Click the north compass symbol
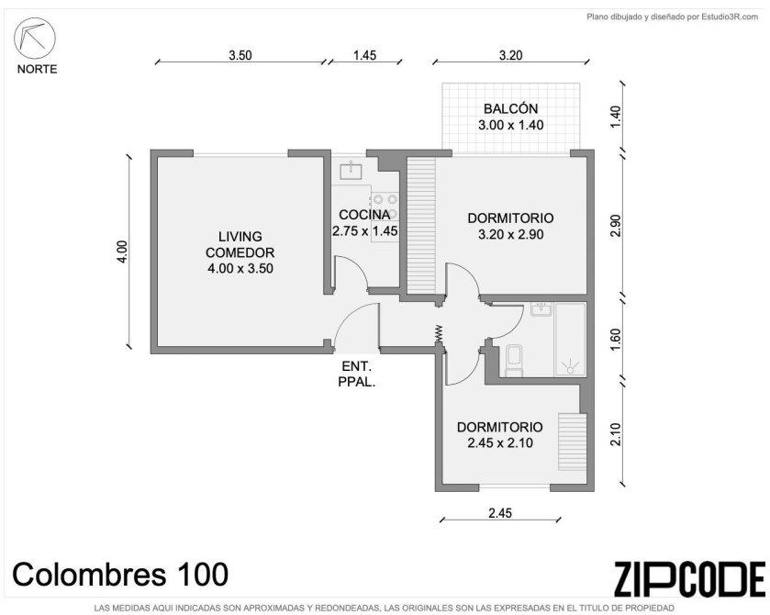(34, 39)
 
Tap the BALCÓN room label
(510, 108)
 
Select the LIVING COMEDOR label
(240, 245)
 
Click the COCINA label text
(364, 215)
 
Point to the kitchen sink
(352, 170)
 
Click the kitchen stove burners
(385, 207)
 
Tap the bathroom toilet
(514, 361)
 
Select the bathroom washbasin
(541, 309)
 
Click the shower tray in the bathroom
(570, 340)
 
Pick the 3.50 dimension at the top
(240, 55)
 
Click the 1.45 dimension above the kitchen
(365, 55)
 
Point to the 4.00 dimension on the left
(122, 251)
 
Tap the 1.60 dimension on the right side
(616, 338)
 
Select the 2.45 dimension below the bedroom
(500, 513)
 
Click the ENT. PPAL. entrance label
(357, 374)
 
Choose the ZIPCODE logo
(690, 579)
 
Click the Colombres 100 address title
(120, 575)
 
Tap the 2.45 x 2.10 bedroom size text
(500, 443)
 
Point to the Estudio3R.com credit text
(730, 17)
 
